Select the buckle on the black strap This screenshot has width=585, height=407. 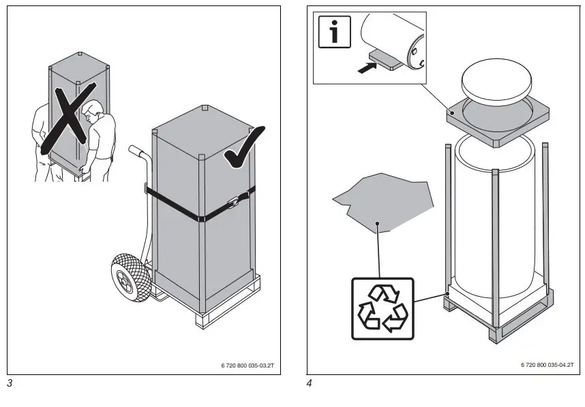pyautogui.click(x=235, y=201)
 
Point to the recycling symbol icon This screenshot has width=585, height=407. pyautogui.click(x=382, y=308)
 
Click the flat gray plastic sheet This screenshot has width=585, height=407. pyautogui.click(x=383, y=201)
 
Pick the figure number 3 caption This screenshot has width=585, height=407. pyautogui.click(x=10, y=383)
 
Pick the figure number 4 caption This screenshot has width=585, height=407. pyautogui.click(x=310, y=383)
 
